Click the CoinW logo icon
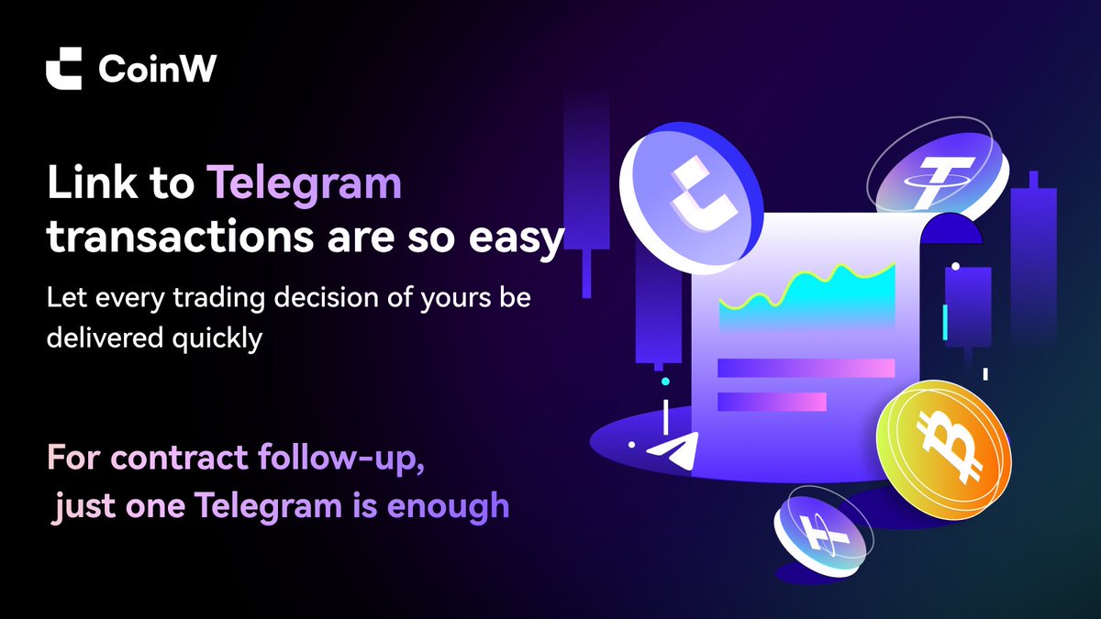click(x=63, y=70)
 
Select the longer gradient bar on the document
click(x=806, y=368)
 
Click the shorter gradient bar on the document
click(x=772, y=402)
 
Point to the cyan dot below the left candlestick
click(x=665, y=381)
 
